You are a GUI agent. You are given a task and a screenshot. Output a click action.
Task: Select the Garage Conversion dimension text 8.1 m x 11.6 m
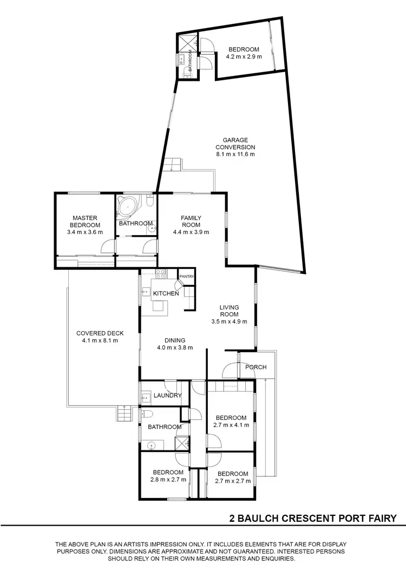[x=235, y=154]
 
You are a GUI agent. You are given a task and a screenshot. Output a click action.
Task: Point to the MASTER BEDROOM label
[x=84, y=222]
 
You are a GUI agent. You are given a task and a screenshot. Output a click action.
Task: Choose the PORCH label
[x=256, y=367]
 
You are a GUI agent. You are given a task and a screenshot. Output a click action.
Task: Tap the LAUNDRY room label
[x=167, y=396]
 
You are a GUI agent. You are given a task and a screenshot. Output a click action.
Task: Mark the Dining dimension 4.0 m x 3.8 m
[x=175, y=348]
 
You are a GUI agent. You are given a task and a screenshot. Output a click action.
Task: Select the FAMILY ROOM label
[x=191, y=221]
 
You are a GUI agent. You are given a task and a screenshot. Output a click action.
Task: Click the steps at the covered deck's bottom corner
[x=124, y=415]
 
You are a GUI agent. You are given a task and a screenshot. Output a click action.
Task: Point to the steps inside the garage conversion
[x=173, y=164]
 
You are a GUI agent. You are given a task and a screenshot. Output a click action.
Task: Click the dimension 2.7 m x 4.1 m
[x=231, y=425]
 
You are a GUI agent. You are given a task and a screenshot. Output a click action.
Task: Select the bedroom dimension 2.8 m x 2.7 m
[x=168, y=479]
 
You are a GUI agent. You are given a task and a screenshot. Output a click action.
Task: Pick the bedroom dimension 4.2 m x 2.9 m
[x=244, y=56]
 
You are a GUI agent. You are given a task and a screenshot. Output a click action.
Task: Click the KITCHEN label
[x=166, y=293]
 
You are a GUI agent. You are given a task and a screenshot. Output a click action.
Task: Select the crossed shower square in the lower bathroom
[x=182, y=442]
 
